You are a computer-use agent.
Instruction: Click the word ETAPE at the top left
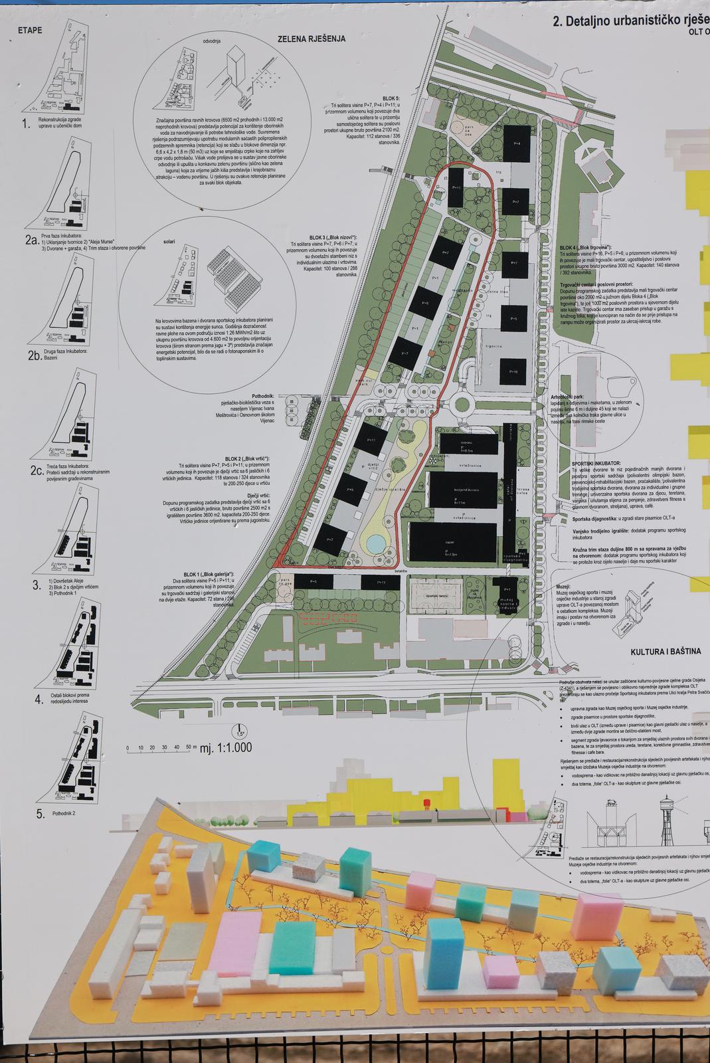tap(31, 31)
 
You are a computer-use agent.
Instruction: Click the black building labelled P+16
tap(513, 371)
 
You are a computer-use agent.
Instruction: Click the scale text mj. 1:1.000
tap(226, 747)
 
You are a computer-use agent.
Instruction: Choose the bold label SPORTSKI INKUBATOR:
tap(596, 462)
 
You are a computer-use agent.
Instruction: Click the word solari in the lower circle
tap(170, 242)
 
